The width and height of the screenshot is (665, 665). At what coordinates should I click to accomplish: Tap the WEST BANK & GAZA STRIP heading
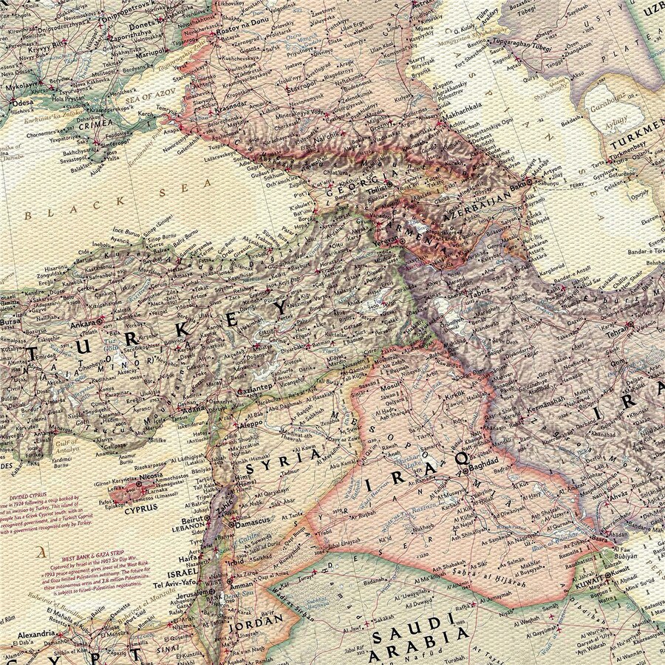click(x=96, y=558)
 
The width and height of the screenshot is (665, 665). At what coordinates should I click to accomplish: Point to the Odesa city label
click(x=23, y=102)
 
